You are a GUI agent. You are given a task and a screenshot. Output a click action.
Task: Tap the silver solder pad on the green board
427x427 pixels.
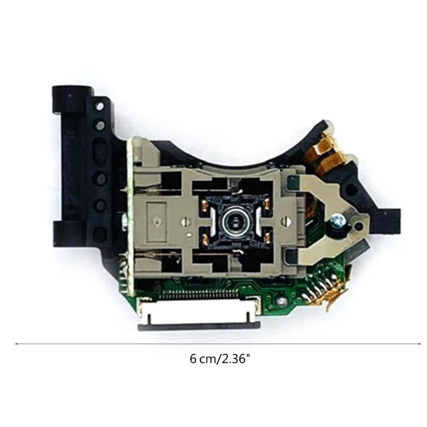(x=279, y=303)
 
